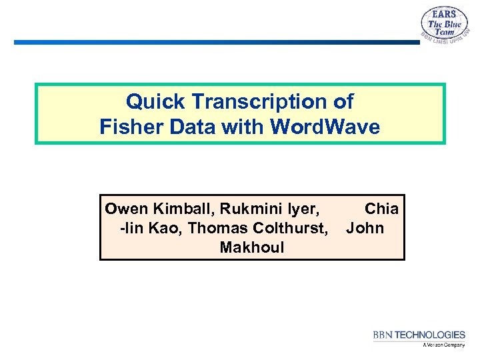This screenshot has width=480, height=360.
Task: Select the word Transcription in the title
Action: pos(254,102)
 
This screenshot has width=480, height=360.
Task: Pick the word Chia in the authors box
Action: pos(381,209)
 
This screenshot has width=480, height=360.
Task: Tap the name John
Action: pos(365,229)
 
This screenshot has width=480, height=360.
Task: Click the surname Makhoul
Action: pos(251,248)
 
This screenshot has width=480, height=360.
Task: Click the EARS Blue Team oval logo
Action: pos(445,27)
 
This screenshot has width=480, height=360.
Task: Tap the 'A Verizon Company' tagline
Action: pos(443,345)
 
